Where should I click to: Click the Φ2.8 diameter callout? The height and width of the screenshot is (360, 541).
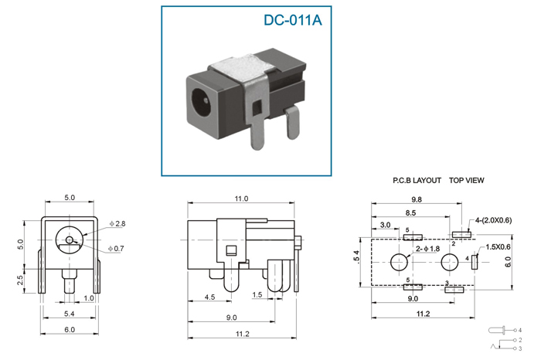coord(117,223)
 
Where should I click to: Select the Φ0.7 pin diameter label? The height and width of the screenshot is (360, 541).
coord(117,248)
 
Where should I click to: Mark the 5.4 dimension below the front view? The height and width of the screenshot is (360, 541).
coord(69,314)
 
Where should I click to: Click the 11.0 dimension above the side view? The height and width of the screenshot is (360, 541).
coord(240,199)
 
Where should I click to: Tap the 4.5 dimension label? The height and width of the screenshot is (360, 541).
coord(209,297)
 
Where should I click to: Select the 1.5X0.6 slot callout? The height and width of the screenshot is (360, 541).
coord(498,246)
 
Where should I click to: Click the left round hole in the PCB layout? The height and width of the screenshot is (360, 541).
coord(400,262)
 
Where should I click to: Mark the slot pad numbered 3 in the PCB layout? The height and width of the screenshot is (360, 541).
coord(454,289)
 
